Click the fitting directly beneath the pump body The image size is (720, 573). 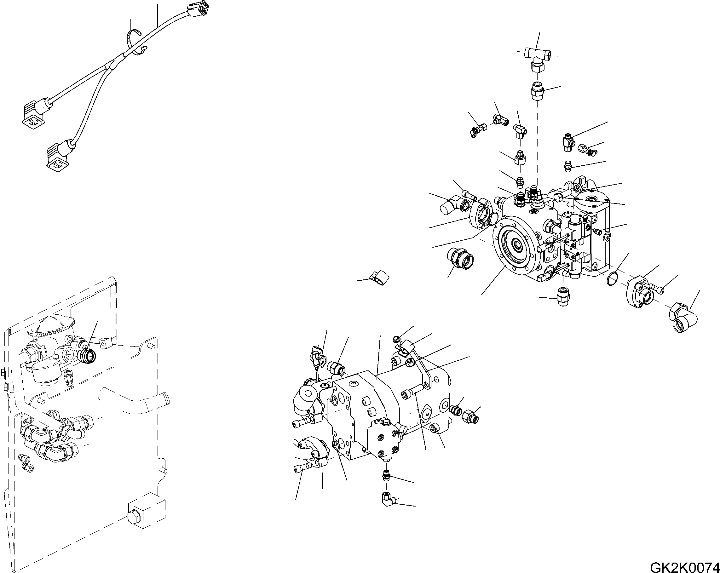563,295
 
